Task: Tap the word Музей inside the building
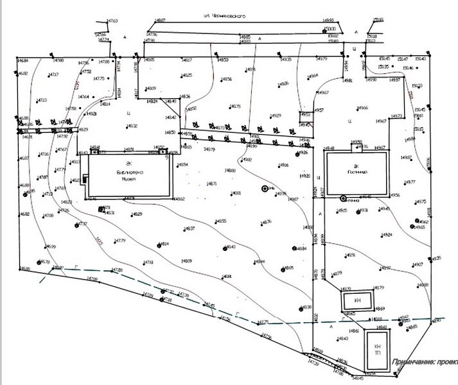130,180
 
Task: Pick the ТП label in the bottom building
377,354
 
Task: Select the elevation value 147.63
113,21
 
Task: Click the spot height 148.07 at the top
159,21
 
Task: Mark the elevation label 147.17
54,75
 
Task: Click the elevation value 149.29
276,116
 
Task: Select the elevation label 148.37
189,229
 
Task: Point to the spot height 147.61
148,262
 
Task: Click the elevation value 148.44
260,262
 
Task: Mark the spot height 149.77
410,183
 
